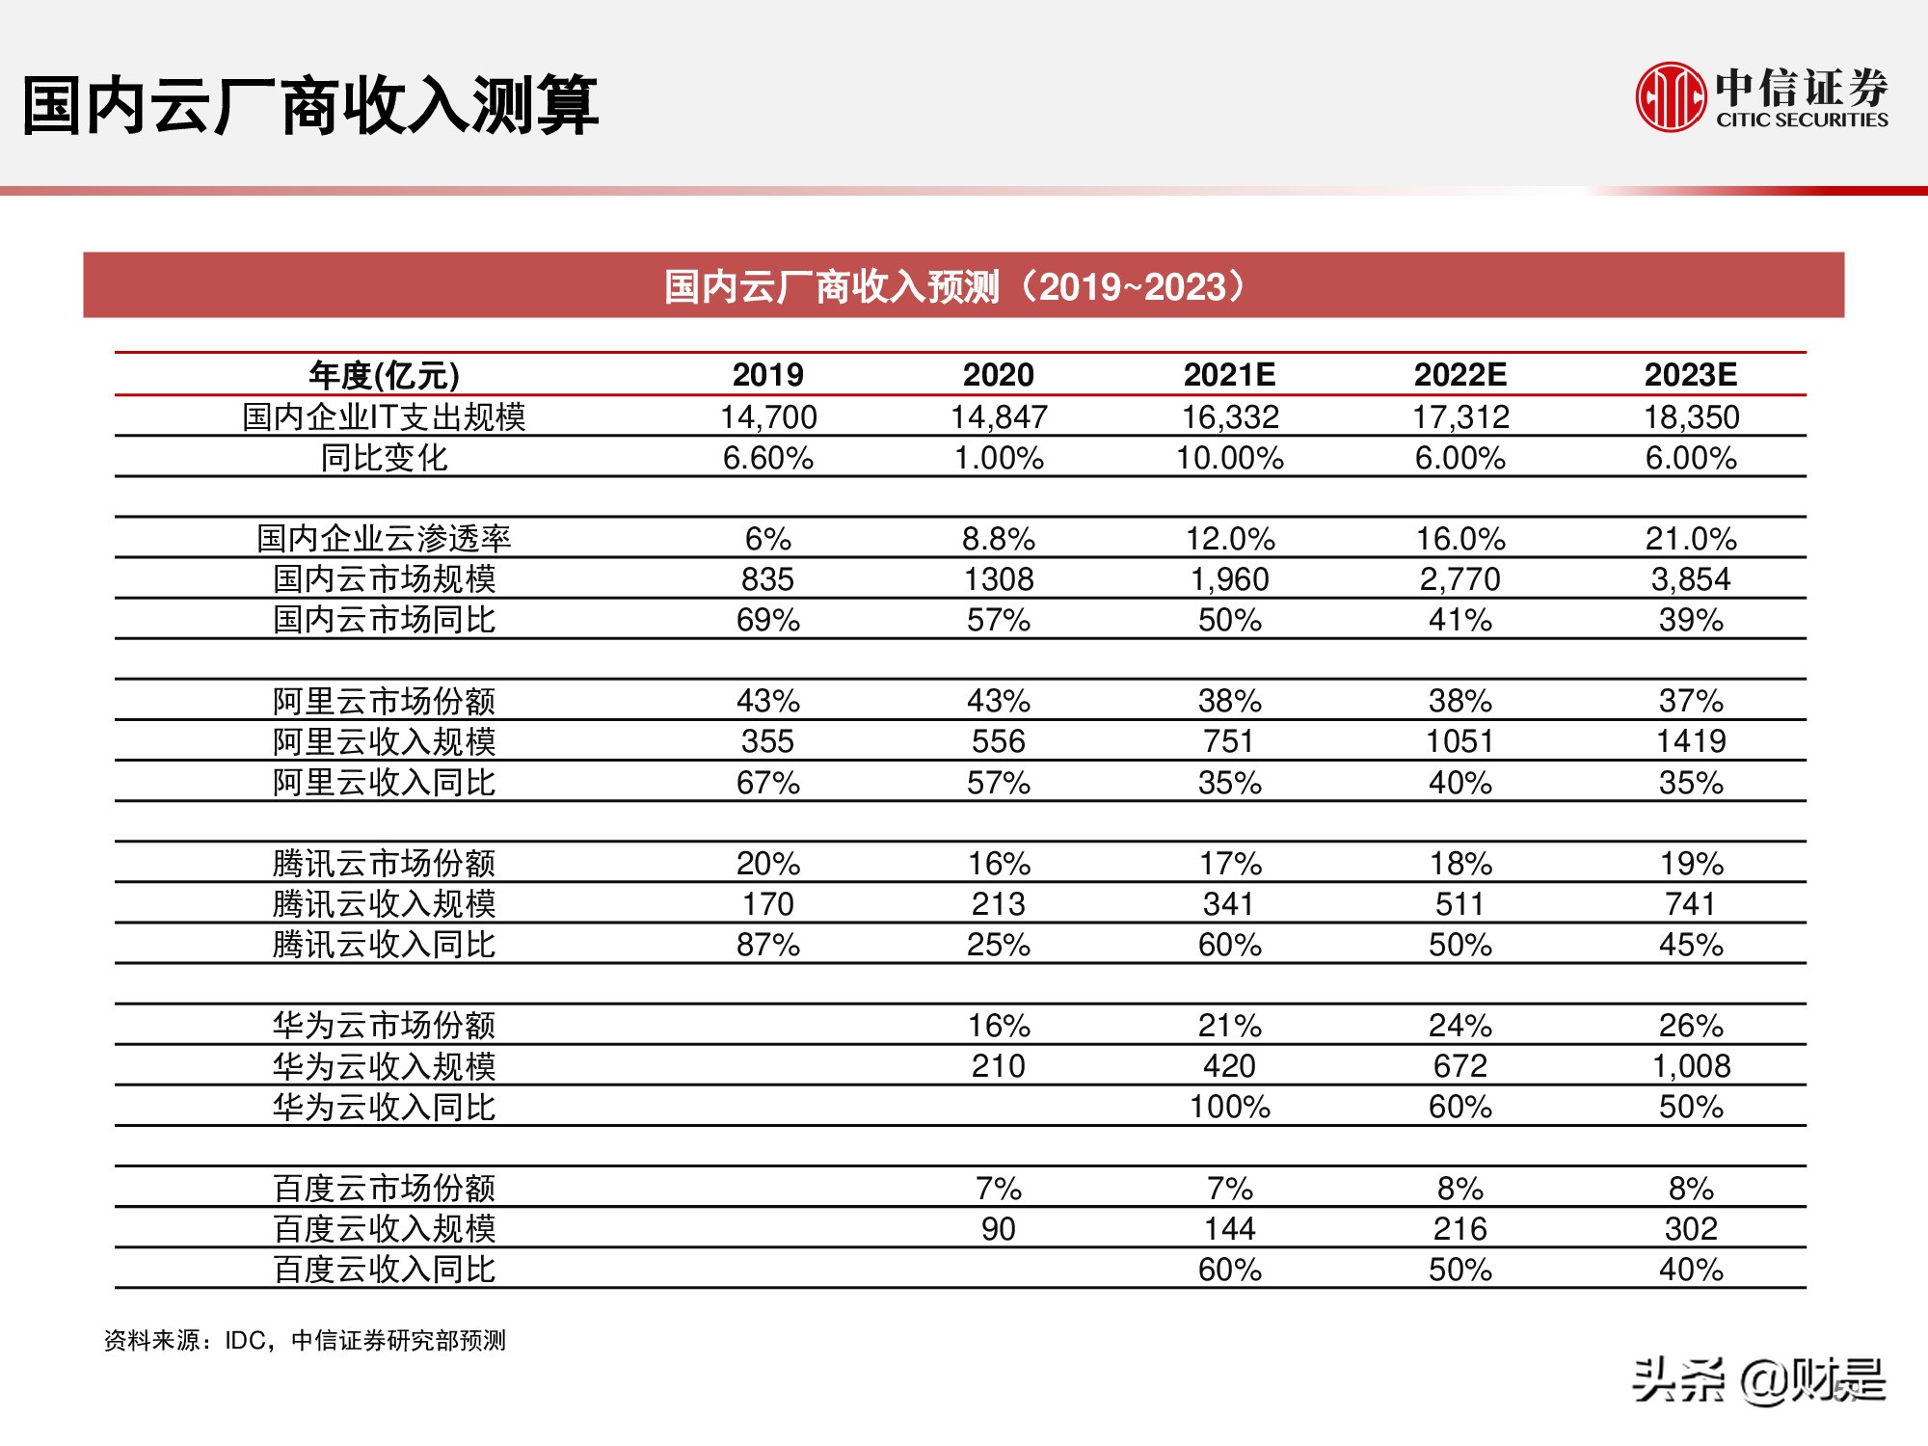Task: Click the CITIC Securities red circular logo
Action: pos(1671,96)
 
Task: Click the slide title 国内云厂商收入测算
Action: pos(309,105)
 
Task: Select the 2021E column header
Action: pos(1229,374)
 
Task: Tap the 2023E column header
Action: pos(1691,374)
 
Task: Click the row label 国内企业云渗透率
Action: pos(384,538)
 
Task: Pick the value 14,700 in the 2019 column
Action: pos(768,416)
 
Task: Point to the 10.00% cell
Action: pos(1229,458)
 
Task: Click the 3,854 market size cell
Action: pos(1691,578)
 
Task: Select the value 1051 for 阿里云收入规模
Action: pos(1459,741)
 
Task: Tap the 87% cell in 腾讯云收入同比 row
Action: pos(768,945)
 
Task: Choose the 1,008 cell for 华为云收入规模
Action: pos(1691,1066)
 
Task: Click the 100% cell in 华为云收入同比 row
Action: pos(1229,1107)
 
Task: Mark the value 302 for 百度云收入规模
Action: pos(1691,1229)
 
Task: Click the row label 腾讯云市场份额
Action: pos(384,864)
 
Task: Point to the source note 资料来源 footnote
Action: pos(305,1341)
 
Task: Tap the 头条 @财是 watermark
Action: pos(1758,1379)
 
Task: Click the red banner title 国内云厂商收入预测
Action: pos(954,286)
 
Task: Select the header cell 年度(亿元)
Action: pos(384,374)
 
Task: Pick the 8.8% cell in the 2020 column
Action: pos(999,538)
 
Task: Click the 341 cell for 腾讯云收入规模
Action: pos(1229,904)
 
